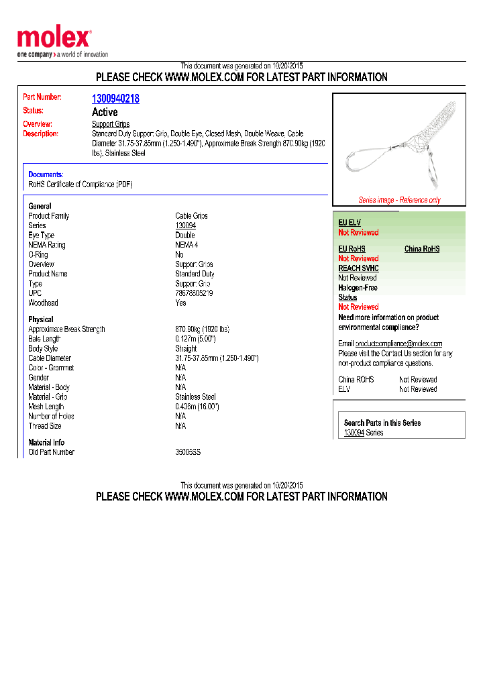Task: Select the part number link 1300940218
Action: [x=115, y=99]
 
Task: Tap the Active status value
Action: [x=105, y=112]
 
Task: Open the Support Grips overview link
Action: [x=111, y=124]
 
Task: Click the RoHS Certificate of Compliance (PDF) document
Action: [x=80, y=184]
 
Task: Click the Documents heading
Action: [x=46, y=174]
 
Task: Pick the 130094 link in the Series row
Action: [x=185, y=225]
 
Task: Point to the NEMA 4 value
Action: [x=186, y=245]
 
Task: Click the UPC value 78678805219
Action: [x=194, y=293]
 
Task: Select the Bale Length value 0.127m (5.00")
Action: [x=195, y=339]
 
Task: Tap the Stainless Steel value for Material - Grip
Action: [x=195, y=397]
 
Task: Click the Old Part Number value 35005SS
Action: [x=188, y=452]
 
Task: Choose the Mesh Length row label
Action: [x=46, y=407]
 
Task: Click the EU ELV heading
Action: [x=350, y=223]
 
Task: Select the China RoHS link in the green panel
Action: [x=422, y=249]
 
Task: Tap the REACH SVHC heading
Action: [x=358, y=268]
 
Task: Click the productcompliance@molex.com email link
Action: [x=398, y=344]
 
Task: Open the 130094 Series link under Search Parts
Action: [x=354, y=433]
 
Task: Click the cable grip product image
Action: [x=398, y=144]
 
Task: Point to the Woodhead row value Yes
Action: [x=181, y=303]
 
